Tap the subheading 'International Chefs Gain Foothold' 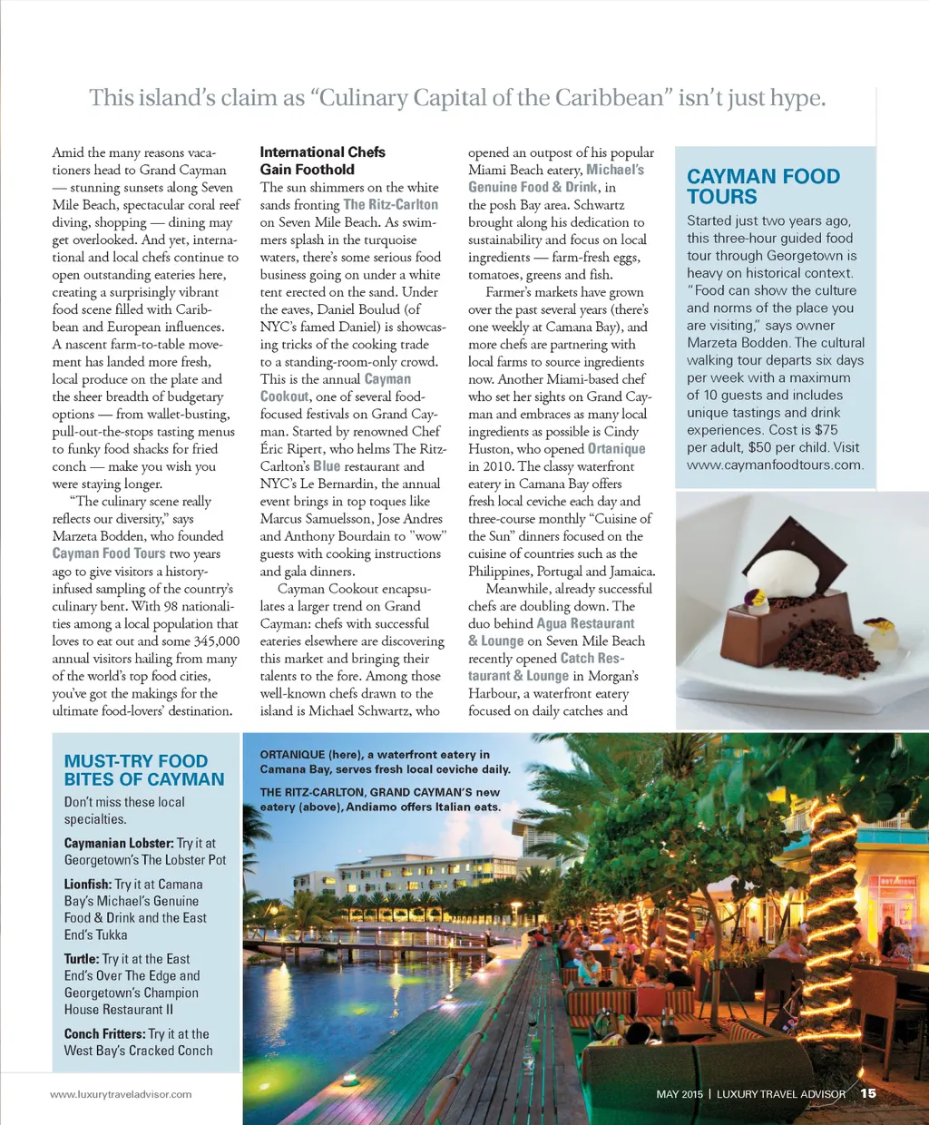coord(322,161)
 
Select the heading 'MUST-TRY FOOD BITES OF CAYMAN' coord(143,769)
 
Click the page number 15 coord(868,1093)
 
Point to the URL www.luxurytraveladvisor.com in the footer coord(121,1094)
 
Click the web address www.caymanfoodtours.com coord(774,465)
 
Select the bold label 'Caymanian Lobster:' coord(118,843)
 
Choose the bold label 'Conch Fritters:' coord(104,1033)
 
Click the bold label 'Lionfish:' coord(88,884)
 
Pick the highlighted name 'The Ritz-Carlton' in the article coord(390,205)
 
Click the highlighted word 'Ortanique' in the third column coord(616,448)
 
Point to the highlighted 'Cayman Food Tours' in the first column coord(109,553)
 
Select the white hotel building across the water coord(417,875)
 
